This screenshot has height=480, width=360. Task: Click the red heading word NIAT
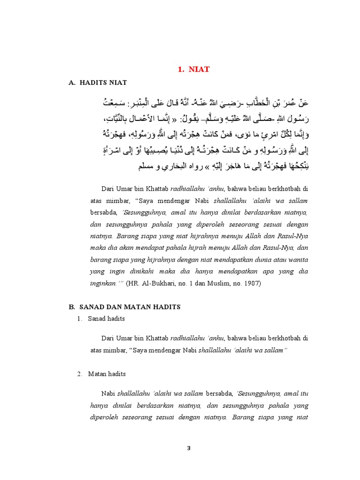(x=199, y=69)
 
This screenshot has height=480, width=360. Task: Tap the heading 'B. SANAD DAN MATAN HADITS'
(x=124, y=307)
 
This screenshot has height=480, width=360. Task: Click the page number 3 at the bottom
(x=189, y=448)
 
